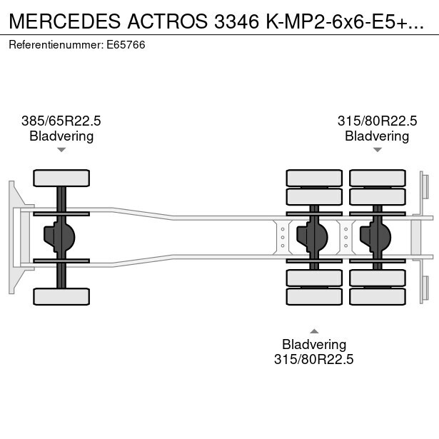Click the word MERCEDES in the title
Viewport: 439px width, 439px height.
pyautogui.click(x=65, y=21)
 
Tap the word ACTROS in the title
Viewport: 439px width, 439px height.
pyautogui.click(x=168, y=21)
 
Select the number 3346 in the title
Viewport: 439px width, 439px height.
pyautogui.click(x=236, y=21)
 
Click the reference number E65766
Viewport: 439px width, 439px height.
pyautogui.click(x=126, y=45)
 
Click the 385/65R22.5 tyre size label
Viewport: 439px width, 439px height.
pyautogui.click(x=61, y=121)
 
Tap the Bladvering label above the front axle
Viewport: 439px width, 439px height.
pyautogui.click(x=61, y=136)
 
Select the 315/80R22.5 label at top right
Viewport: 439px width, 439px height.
pyautogui.click(x=377, y=121)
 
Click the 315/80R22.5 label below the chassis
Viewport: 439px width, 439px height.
pyautogui.click(x=314, y=359)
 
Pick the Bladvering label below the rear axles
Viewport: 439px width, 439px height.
pyautogui.click(x=314, y=344)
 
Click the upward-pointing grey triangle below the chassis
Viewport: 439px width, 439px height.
pyautogui.click(x=314, y=331)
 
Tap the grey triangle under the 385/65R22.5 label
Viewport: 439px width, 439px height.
pyautogui.click(x=61, y=150)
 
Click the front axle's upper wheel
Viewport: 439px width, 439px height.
pyautogui.click(x=61, y=178)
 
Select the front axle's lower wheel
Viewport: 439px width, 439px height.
pyautogui.click(x=61, y=296)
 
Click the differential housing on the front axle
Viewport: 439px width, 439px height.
pyautogui.click(x=59, y=237)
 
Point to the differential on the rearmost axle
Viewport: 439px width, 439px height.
pyautogui.click(x=375, y=237)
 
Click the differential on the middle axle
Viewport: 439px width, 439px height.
pyautogui.click(x=312, y=237)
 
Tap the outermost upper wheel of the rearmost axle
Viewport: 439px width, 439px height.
pyautogui.click(x=378, y=178)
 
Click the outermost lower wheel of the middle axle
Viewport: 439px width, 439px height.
pyautogui.click(x=314, y=296)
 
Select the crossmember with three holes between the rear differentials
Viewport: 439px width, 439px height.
pyautogui.click(x=345, y=238)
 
